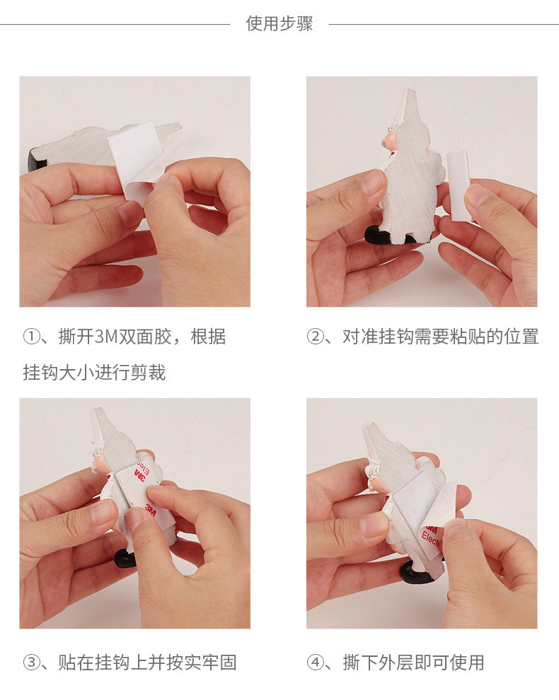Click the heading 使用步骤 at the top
pos(279,23)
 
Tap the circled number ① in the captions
pos(31,337)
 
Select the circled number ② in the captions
pos(315,337)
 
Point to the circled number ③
pos(31,663)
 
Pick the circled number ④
pos(315,663)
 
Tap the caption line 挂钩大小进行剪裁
pos(94,373)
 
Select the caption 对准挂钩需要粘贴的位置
pos(441,337)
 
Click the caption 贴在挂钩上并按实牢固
pos(147,663)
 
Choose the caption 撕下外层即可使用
pos(414,663)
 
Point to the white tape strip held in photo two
pos(459,186)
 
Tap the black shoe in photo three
pos(125,558)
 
